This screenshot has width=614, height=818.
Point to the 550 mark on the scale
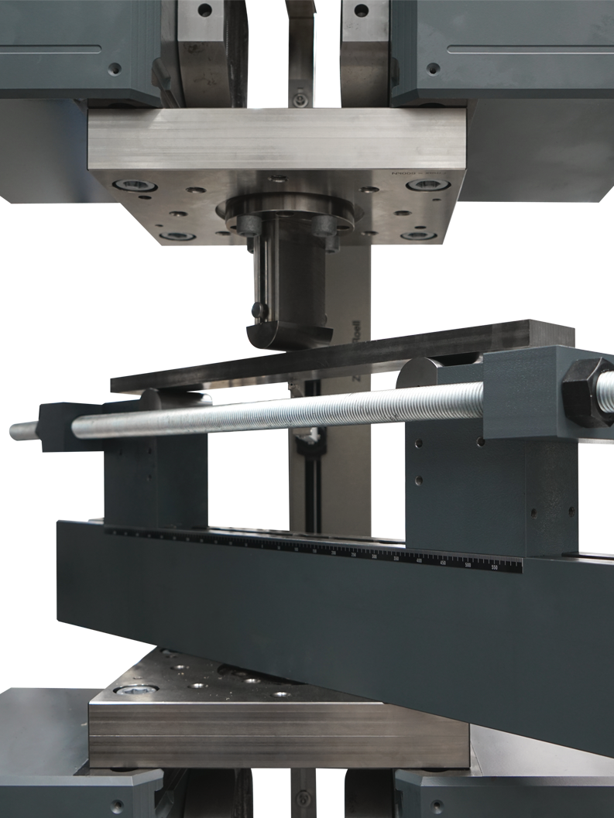494,567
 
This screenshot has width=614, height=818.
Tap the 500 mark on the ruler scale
468,566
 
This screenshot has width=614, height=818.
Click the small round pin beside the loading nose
262,311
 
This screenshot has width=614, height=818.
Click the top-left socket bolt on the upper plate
135,186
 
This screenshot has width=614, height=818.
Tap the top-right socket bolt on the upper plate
428,185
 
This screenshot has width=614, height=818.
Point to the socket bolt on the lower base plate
136,689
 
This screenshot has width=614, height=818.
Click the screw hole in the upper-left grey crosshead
115,68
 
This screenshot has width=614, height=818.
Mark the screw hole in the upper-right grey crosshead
434,68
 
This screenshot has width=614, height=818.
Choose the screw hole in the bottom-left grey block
117,805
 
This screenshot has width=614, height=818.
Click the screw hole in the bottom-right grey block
438,805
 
